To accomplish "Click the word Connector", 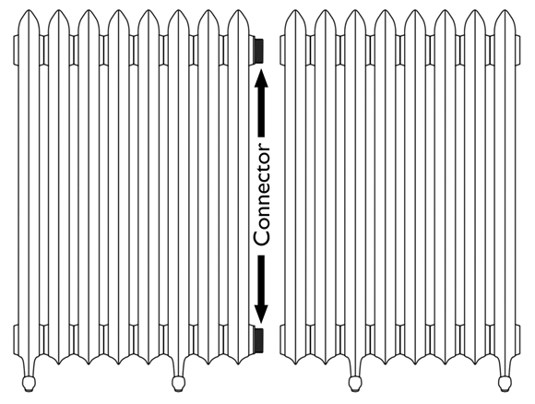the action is point(262,194).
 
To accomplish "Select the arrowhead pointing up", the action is point(261,78).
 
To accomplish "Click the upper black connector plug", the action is point(258,50).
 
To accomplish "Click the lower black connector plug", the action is point(258,340).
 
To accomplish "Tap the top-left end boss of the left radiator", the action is point(16,50).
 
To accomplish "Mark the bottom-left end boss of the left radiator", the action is point(16,339).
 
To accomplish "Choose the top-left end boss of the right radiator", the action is point(282,50).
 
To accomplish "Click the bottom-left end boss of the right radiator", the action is point(282,339).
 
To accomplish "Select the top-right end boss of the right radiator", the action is point(517,50).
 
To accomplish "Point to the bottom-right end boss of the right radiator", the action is point(517,339).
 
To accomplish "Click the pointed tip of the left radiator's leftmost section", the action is point(29,10).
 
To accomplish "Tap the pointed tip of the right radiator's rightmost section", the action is point(505,10).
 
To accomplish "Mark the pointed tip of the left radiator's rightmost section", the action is point(239,10).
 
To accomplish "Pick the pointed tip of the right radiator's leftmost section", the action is point(295,10).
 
